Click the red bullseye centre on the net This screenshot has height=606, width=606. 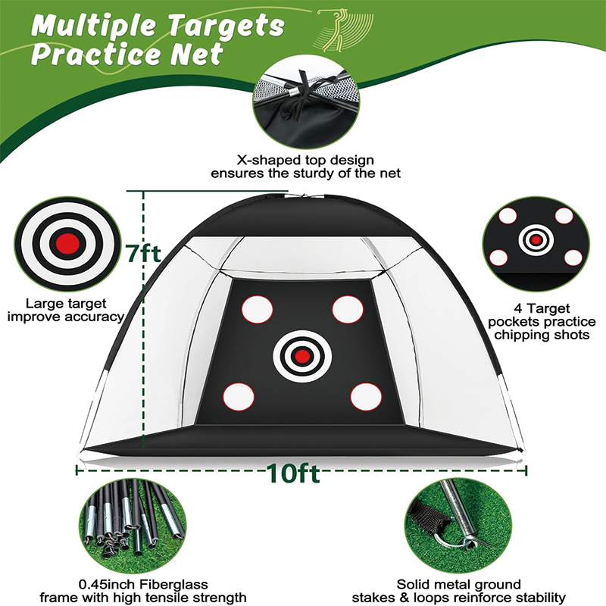pyautogui.click(x=302, y=355)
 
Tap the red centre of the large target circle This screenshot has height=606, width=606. pyautogui.click(x=68, y=243)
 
